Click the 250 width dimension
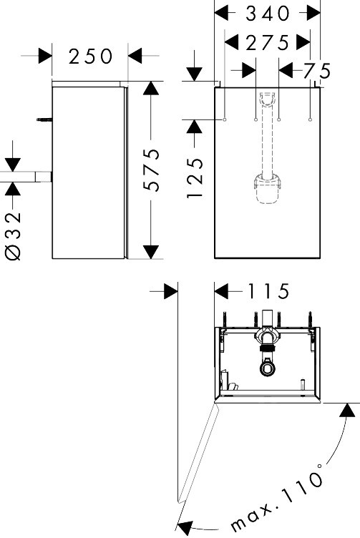coord(90,57)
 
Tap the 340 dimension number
coord(268,14)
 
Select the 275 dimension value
coord(268,43)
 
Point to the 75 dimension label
coord(317,72)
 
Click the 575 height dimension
coord(152,170)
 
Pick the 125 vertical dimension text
coord(195,177)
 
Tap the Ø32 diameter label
coord(14,236)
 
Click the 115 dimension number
coord(268,292)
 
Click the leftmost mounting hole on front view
coord(225,119)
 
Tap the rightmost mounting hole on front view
coord(310,119)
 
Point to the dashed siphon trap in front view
coord(268,189)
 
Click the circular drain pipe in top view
coord(268,368)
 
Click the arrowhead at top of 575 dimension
coord(151,88)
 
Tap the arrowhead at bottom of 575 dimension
coord(151,252)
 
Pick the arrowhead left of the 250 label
coord(45,56)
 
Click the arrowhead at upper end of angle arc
coord(347,410)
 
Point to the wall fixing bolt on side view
coord(44,119)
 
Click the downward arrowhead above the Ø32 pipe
coord(13,165)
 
